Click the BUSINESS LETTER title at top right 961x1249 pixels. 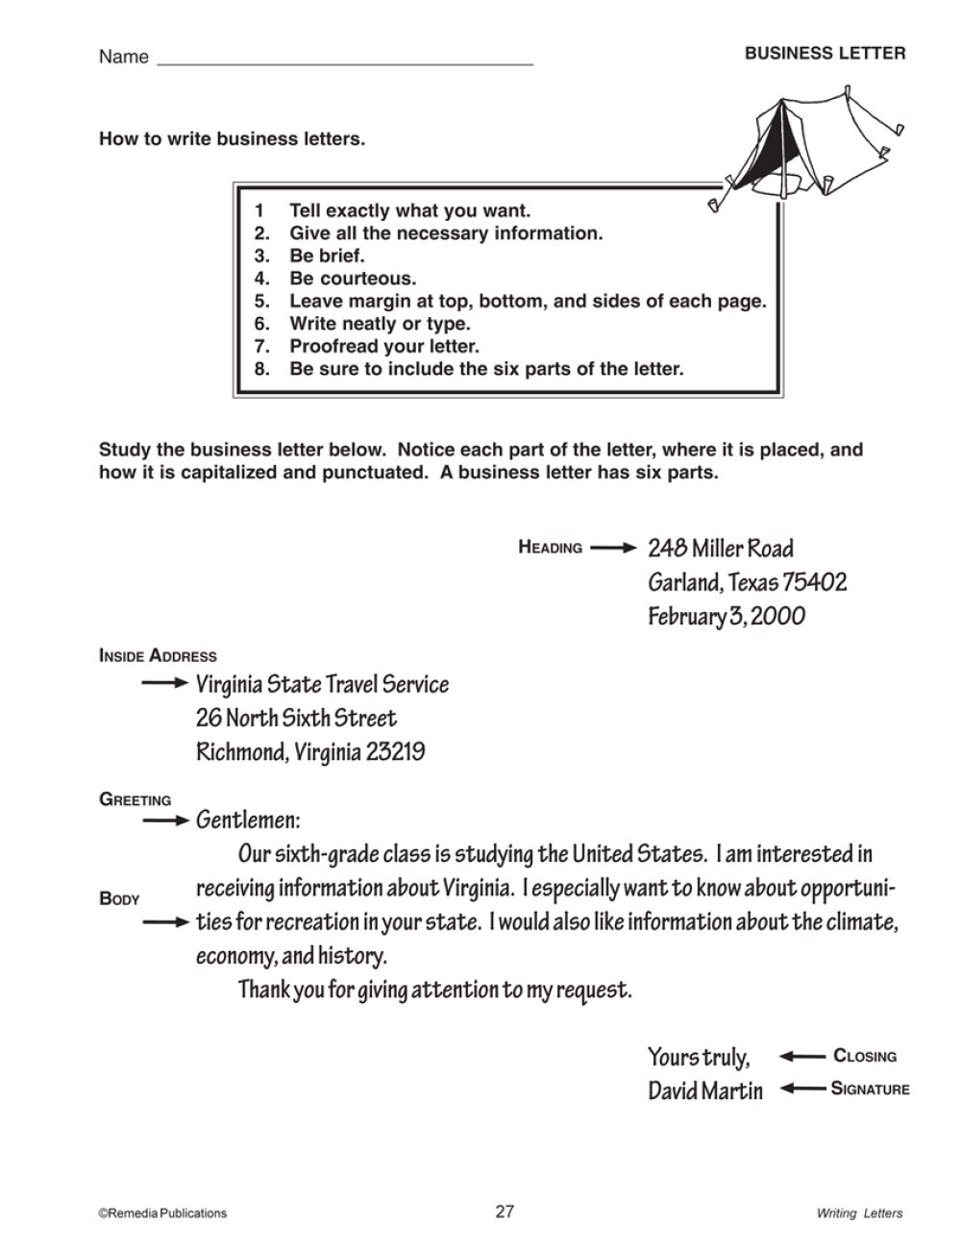(x=825, y=54)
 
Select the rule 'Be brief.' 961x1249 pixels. (x=327, y=257)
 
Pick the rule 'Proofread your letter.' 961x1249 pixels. (x=383, y=347)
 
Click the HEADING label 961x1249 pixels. (x=551, y=549)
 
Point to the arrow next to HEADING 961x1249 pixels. (x=613, y=549)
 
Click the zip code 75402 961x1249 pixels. (x=814, y=582)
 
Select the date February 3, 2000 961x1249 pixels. (x=726, y=616)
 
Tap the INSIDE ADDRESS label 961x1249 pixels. (x=158, y=657)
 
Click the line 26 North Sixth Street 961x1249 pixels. (x=296, y=719)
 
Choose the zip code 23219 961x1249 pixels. (x=394, y=752)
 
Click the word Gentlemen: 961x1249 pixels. (x=248, y=820)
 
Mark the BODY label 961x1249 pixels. (x=119, y=899)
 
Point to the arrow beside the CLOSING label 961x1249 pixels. (x=801, y=1056)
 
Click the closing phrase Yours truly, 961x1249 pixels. (x=699, y=1057)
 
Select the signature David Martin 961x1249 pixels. (x=704, y=1090)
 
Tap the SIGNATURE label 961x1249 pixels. (x=870, y=1090)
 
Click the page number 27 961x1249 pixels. (x=505, y=1212)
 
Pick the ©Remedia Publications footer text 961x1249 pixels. (x=162, y=1213)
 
